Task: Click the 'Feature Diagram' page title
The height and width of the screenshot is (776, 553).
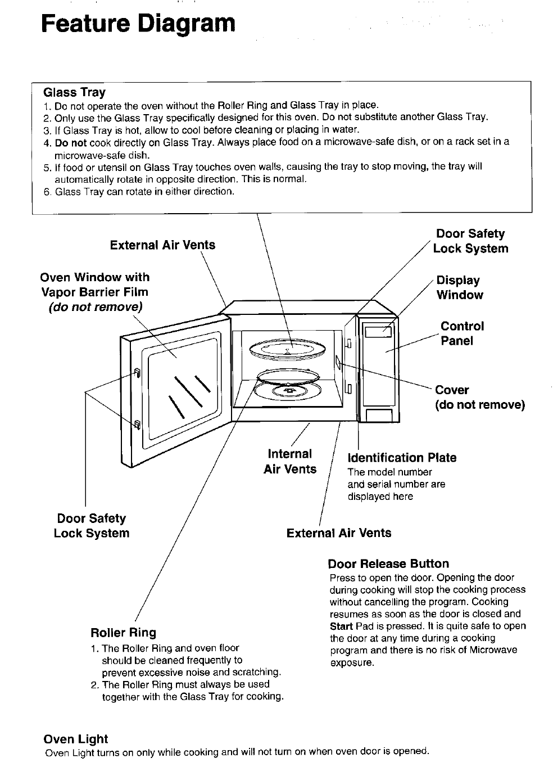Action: pos(138,24)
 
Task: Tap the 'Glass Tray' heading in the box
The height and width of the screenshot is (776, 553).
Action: pos(75,92)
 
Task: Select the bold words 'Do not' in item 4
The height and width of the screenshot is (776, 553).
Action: pos(71,142)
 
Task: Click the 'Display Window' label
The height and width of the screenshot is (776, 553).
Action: pos(459,287)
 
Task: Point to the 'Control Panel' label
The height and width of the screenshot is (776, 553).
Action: pos(461,333)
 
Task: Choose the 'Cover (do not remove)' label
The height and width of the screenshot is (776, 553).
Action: pos(479,398)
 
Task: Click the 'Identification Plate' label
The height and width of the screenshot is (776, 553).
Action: pos(402,458)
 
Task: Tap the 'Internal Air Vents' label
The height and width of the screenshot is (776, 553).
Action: pos(290,462)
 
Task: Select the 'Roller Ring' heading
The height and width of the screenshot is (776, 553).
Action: pos(123,633)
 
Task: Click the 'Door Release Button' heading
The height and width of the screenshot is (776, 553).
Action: pos(388,564)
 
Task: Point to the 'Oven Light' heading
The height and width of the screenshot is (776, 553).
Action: pos(76,739)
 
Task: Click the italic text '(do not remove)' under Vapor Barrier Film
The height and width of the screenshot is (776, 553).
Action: pos(95,307)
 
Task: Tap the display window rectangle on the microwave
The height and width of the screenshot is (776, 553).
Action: pos(378,332)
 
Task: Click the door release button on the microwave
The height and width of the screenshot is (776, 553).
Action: pos(379,416)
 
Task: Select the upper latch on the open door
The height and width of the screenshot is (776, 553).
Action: pos(137,372)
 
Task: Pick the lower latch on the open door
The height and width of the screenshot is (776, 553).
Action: pos(136,425)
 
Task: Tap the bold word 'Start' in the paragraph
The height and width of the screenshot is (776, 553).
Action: pos(341,626)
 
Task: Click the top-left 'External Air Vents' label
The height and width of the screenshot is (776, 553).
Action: pos(162,245)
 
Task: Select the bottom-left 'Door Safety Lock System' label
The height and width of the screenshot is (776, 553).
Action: pos(91,526)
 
